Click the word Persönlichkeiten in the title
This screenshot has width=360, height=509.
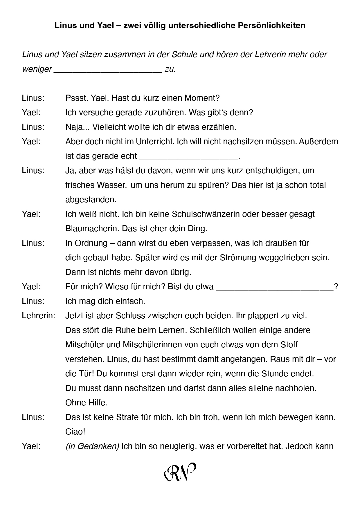click(271, 26)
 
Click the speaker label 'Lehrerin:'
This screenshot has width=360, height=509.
click(39, 316)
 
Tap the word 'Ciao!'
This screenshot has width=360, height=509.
click(75, 432)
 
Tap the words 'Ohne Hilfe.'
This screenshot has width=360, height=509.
click(86, 403)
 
